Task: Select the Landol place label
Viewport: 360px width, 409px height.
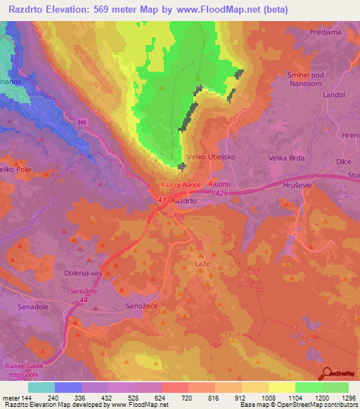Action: pyautogui.click(x=334, y=94)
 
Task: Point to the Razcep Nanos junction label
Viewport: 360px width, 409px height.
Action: pyautogui.click(x=181, y=184)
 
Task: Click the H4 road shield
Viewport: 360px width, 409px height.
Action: pyautogui.click(x=83, y=122)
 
